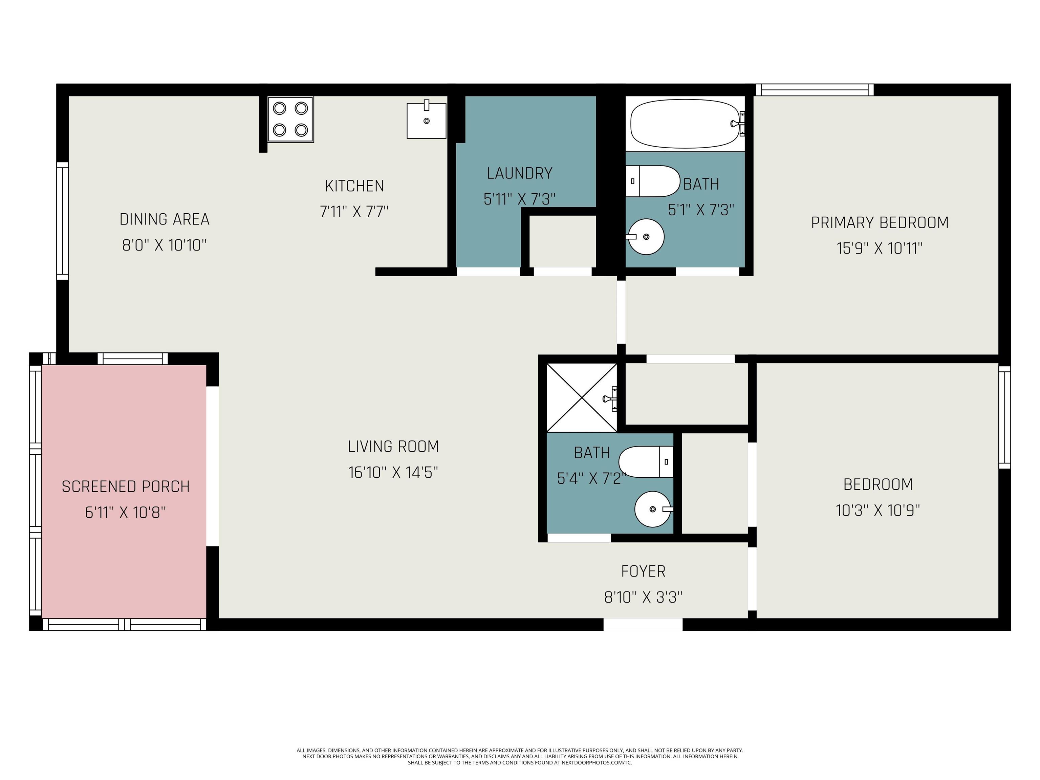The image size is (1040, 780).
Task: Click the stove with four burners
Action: coord(290,120)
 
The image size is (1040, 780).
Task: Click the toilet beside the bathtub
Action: coord(653,181)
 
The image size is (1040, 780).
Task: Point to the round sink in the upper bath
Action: coord(646,237)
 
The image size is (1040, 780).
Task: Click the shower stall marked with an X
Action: coord(582,398)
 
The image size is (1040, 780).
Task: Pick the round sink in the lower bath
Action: coord(653,509)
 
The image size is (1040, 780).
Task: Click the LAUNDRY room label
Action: coord(520,173)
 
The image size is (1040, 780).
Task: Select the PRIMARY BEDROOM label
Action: coord(880,222)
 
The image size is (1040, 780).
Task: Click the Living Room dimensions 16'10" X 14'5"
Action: coord(393,472)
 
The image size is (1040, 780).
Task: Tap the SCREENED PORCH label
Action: coord(126,486)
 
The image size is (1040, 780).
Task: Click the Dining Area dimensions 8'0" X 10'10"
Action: coord(164,245)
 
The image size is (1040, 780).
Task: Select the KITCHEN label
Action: coord(354,186)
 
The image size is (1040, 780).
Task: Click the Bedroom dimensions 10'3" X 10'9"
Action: coord(878,510)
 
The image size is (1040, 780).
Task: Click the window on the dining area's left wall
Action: coord(63,221)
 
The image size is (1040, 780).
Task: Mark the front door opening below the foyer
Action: coord(643,624)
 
